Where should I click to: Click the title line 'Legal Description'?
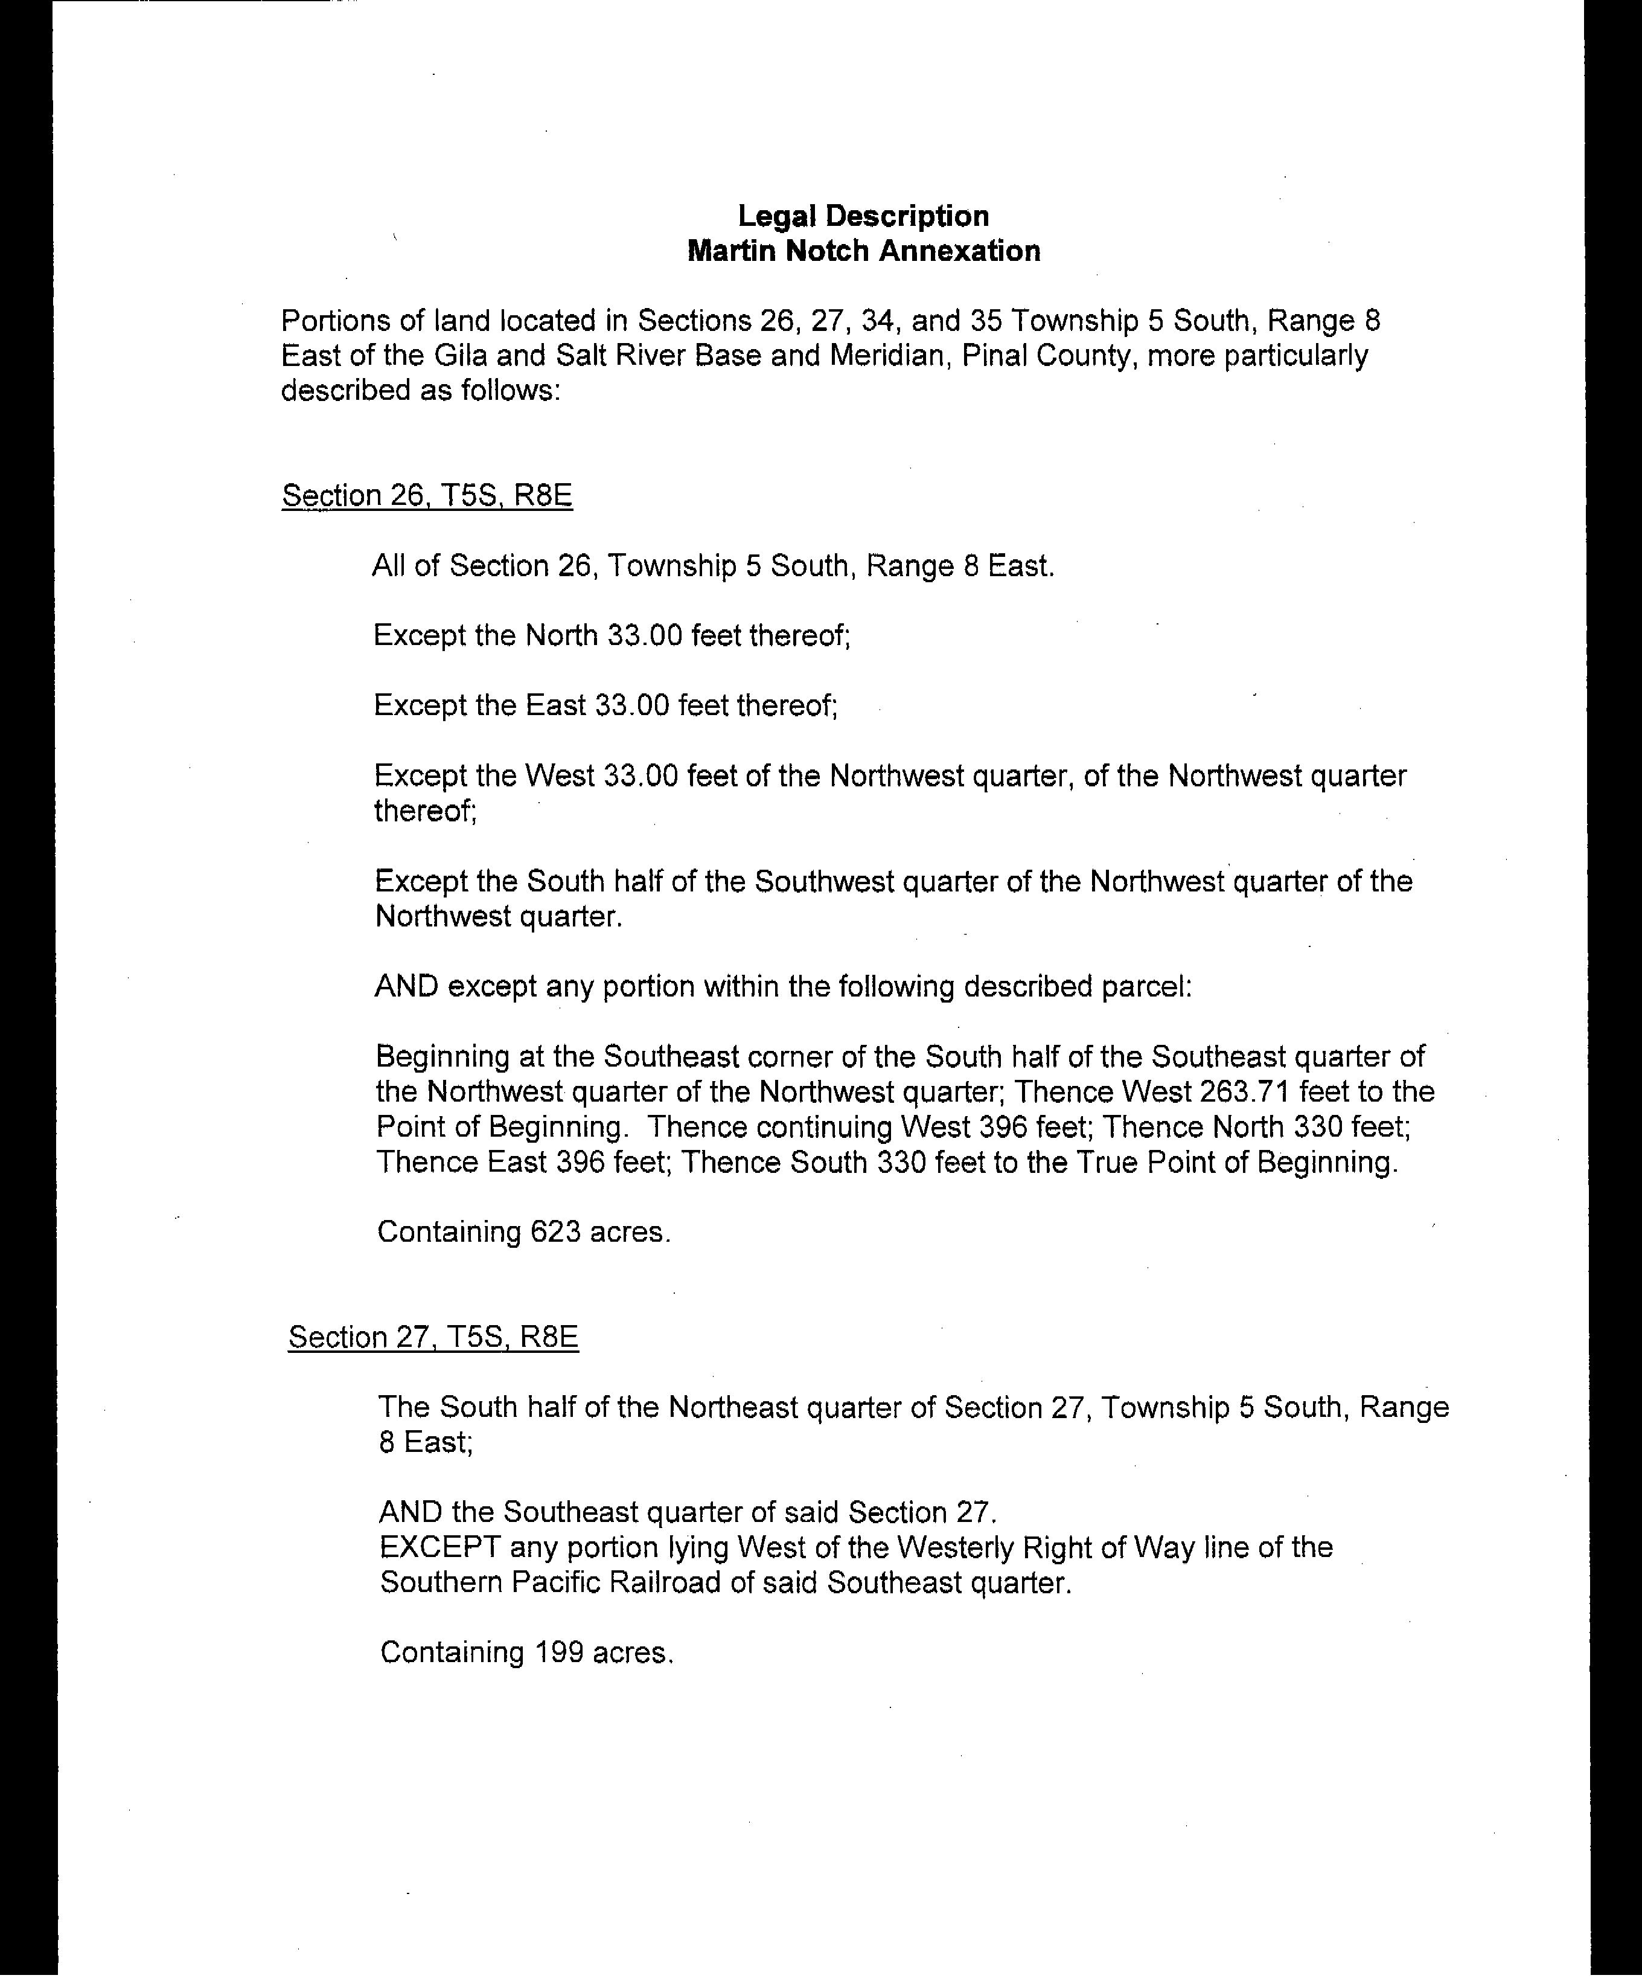[863, 216]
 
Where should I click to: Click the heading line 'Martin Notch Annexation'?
[863, 251]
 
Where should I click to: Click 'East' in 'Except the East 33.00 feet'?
[555, 705]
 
